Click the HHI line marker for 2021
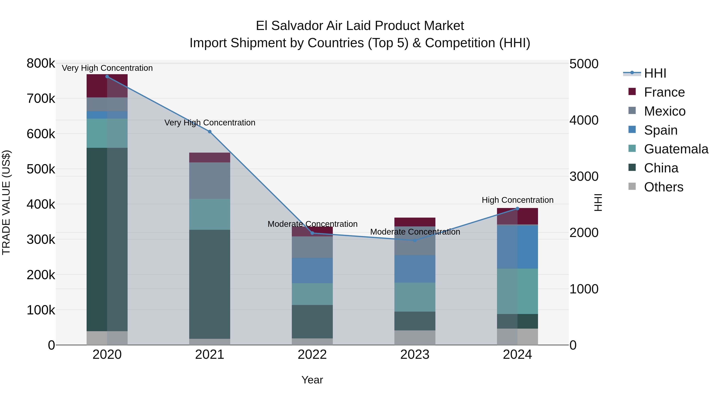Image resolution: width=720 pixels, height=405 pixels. [x=210, y=132]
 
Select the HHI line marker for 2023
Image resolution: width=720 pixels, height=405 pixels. [x=415, y=240]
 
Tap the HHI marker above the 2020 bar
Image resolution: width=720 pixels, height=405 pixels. [x=107, y=77]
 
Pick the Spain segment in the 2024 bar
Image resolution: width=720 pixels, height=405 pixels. [x=517, y=247]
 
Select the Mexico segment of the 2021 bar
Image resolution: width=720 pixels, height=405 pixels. [x=210, y=181]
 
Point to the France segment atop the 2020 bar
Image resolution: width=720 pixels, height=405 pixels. [x=107, y=86]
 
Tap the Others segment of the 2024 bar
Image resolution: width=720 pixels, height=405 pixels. [x=517, y=337]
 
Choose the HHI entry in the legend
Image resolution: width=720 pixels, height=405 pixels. [x=655, y=73]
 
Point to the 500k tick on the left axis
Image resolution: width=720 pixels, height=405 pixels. [x=41, y=169]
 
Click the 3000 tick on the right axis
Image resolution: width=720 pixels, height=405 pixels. [x=584, y=176]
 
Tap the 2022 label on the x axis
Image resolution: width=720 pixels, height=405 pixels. [x=312, y=355]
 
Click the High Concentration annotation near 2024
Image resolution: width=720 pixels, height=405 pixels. [x=517, y=200]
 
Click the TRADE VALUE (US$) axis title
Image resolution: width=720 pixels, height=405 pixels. [x=6, y=202]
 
